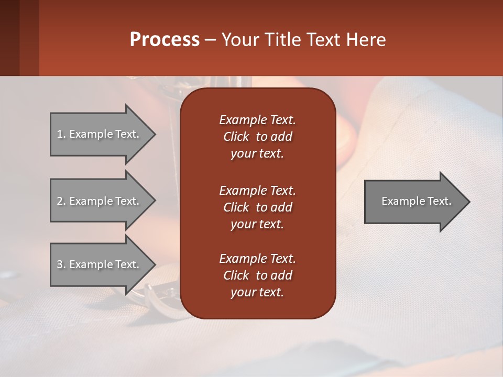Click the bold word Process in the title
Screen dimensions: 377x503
point(165,39)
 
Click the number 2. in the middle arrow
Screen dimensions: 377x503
point(61,201)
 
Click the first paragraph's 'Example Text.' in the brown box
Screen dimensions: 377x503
point(257,120)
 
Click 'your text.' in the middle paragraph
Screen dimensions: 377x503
point(257,224)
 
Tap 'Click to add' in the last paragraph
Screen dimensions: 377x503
point(257,275)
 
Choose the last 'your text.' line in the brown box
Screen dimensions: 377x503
point(257,293)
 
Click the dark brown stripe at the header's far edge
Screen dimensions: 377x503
point(9,38)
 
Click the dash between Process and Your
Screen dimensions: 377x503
point(211,40)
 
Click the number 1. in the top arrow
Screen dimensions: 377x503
point(61,134)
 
